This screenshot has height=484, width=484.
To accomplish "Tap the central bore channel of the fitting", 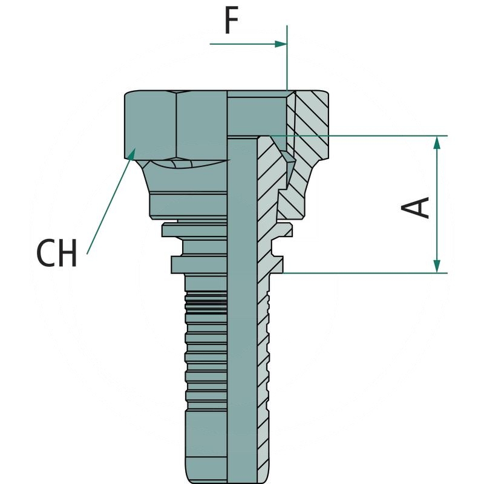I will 243,302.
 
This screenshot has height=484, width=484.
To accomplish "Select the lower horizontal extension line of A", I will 363,273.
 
